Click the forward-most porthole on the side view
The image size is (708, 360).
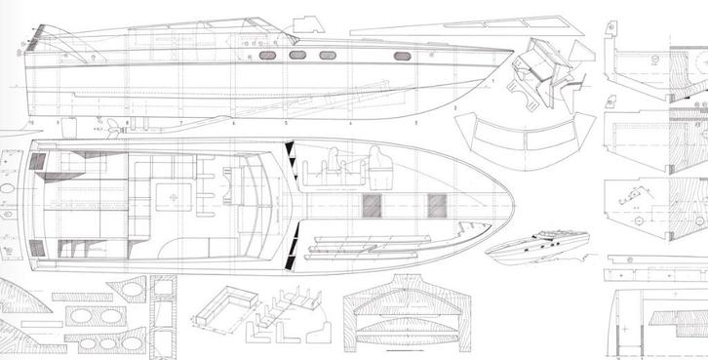402,56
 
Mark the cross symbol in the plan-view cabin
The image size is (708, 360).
175,199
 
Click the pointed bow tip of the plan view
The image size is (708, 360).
519,205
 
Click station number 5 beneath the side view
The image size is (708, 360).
286,125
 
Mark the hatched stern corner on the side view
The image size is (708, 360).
39,39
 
